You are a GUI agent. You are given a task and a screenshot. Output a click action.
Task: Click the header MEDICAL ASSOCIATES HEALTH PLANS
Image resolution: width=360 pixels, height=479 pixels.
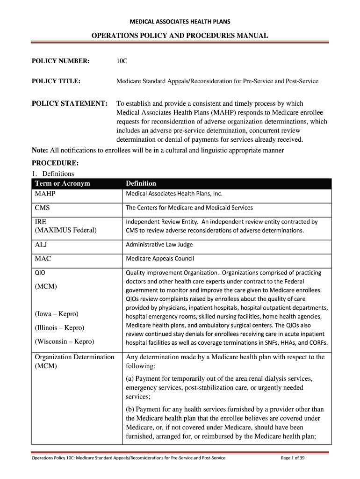tap(180, 21)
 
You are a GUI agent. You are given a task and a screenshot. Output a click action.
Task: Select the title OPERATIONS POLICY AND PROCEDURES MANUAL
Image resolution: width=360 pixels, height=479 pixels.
tap(180, 36)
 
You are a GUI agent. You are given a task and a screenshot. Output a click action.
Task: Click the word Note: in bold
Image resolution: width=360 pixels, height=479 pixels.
tap(40, 150)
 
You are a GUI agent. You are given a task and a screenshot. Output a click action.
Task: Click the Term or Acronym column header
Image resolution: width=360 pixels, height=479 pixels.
tap(62, 183)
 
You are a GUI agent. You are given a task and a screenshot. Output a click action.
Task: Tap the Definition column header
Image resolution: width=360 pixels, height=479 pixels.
tap(141, 183)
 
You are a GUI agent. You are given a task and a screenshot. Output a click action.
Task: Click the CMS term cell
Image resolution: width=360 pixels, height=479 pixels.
tap(43, 208)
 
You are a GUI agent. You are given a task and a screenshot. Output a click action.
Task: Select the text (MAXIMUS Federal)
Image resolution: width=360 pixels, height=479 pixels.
tap(65, 230)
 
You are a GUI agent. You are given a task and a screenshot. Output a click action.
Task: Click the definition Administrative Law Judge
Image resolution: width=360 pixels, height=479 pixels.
tap(159, 244)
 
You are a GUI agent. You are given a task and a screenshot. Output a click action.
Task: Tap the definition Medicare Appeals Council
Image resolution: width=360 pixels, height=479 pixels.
tap(159, 258)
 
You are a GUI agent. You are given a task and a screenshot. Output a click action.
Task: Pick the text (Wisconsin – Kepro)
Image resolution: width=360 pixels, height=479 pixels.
tap(64, 341)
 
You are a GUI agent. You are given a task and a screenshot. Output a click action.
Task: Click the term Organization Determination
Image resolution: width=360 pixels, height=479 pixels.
tap(74, 357)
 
